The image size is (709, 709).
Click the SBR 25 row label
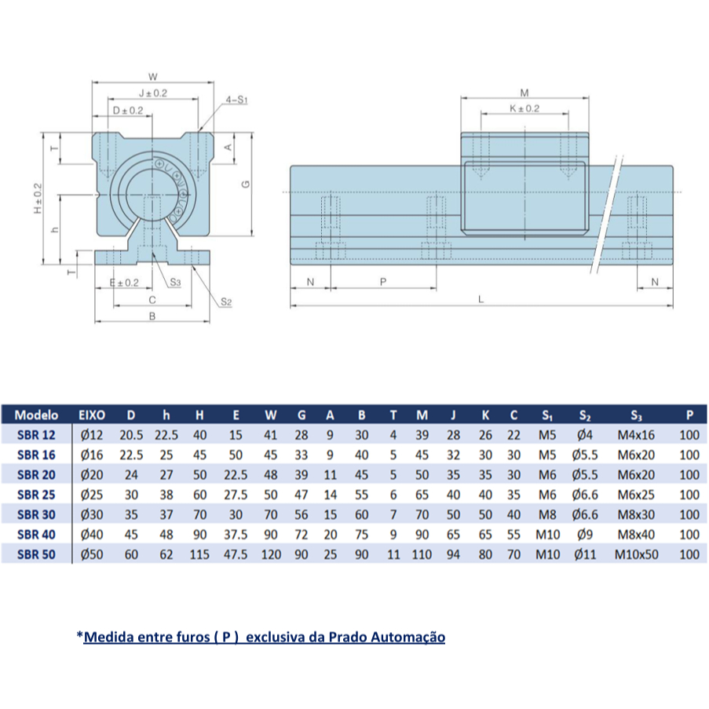pyautogui.click(x=36, y=495)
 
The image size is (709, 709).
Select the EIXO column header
pyautogui.click(x=92, y=415)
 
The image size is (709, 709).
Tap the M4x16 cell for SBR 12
pyautogui.click(x=636, y=435)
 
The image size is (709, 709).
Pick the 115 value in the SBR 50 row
pyautogui.click(x=199, y=554)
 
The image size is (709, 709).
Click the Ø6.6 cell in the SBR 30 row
pyautogui.click(x=585, y=514)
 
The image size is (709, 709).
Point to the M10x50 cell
pyautogui.click(x=636, y=554)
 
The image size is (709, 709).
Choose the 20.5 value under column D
pyautogui.click(x=131, y=435)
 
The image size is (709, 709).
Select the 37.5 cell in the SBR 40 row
pyautogui.click(x=236, y=535)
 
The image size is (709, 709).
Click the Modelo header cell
pyautogui.click(x=36, y=415)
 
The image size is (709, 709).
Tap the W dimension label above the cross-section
pyautogui.click(x=153, y=77)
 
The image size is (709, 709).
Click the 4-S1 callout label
pyautogui.click(x=236, y=100)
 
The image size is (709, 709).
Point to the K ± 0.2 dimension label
pyautogui.click(x=524, y=108)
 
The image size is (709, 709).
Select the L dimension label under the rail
pyautogui.click(x=481, y=299)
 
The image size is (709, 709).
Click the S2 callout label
pyautogui.click(x=226, y=302)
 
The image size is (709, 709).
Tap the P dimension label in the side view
pyautogui.click(x=383, y=282)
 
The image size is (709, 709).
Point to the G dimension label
pyautogui.click(x=246, y=184)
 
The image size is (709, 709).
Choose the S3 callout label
pyautogui.click(x=175, y=283)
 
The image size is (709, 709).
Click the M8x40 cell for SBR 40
pyautogui.click(x=636, y=535)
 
